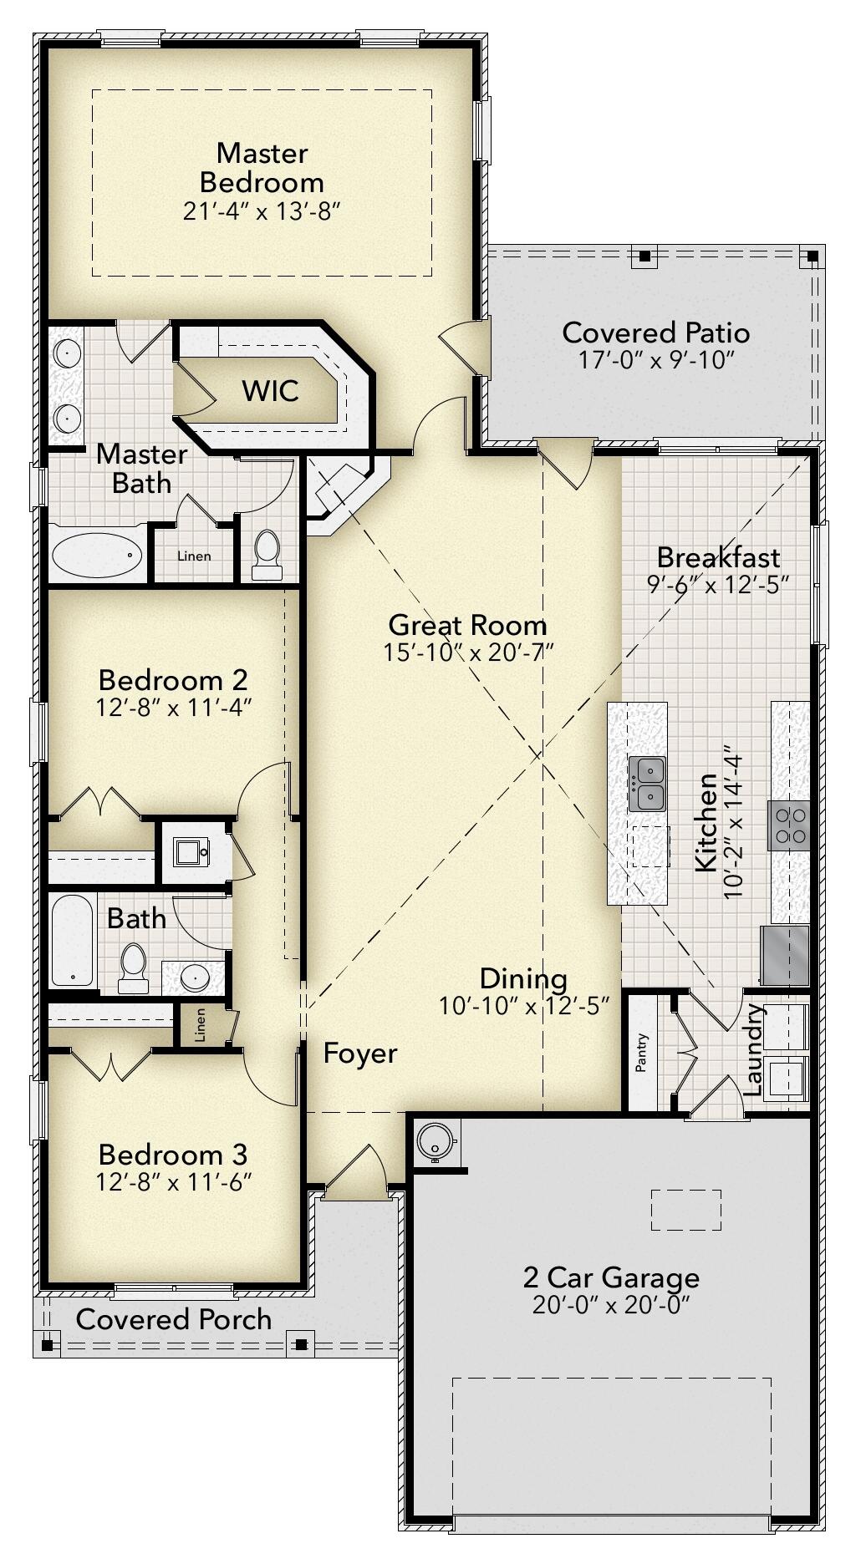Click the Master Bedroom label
click(x=262, y=167)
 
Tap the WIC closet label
click(x=270, y=390)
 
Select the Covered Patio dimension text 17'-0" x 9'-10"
click(x=655, y=361)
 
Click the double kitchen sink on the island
click(x=646, y=784)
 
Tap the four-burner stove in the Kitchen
click(x=789, y=824)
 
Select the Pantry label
click(x=642, y=1053)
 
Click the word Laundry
click(x=753, y=1050)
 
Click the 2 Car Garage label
click(x=611, y=1277)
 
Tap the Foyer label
click(x=360, y=1054)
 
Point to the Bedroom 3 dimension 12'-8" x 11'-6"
click(x=174, y=1182)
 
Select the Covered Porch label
click(x=174, y=1319)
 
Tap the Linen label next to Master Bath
click(x=194, y=556)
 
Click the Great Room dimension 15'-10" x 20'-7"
click(x=469, y=653)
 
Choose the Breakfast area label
click(x=718, y=557)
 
